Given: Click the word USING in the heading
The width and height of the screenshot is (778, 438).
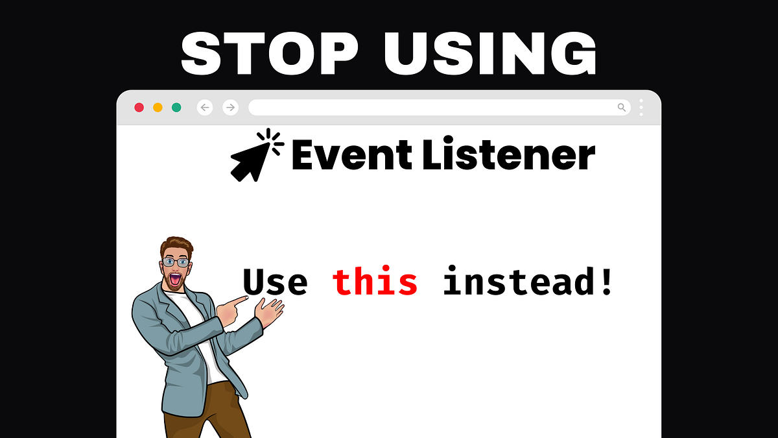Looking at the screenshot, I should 489,54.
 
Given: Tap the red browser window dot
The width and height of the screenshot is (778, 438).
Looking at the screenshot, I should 139,107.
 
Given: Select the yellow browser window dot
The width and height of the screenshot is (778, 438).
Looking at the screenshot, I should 158,107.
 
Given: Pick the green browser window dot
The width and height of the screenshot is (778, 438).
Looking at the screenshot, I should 176,107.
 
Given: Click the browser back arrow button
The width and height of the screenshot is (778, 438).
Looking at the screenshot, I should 205,107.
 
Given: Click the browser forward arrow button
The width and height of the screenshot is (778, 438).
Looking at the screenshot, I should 230,107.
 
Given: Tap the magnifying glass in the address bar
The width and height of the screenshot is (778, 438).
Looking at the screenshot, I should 622,107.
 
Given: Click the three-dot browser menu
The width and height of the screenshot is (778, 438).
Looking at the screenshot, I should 641,107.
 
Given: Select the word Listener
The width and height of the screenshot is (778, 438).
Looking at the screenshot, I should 509,156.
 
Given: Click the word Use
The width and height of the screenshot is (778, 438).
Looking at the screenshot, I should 275,283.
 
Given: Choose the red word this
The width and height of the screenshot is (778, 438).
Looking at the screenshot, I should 375,283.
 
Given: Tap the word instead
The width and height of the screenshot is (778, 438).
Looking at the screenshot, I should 528,283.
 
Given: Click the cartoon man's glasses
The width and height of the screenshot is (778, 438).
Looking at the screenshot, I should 176,262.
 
